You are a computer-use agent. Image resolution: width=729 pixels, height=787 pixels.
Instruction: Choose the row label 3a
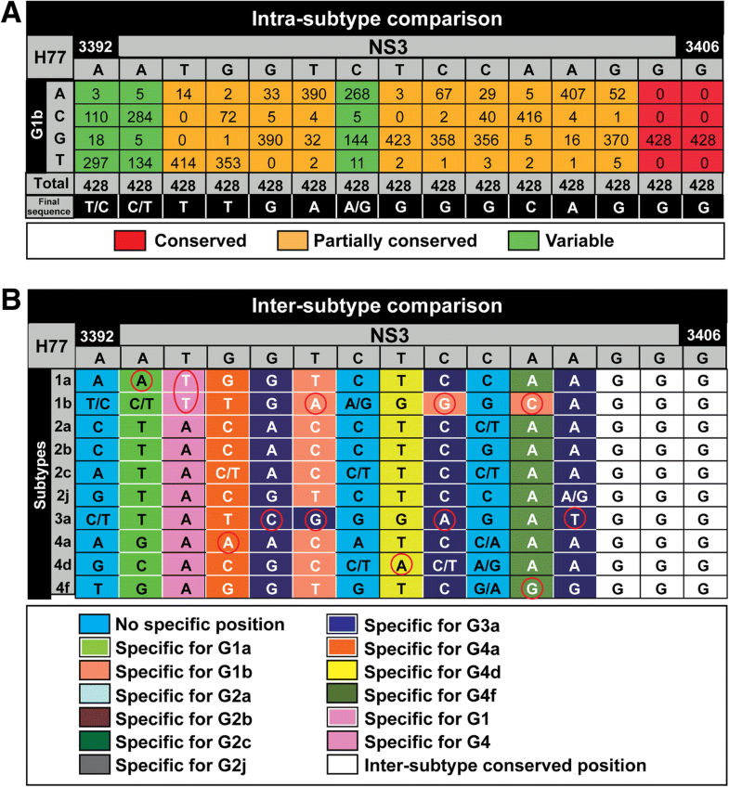click(x=63, y=517)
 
